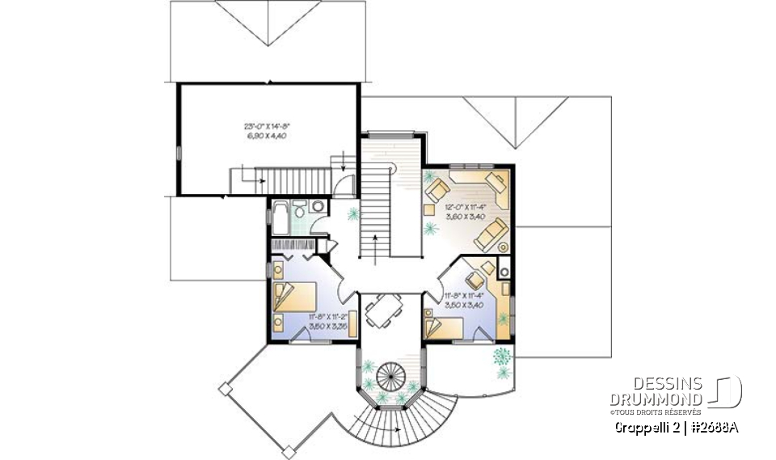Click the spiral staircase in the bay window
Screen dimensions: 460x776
[391, 378]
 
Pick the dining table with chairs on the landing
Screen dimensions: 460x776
[380, 310]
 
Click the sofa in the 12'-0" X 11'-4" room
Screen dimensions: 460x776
[490, 235]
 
